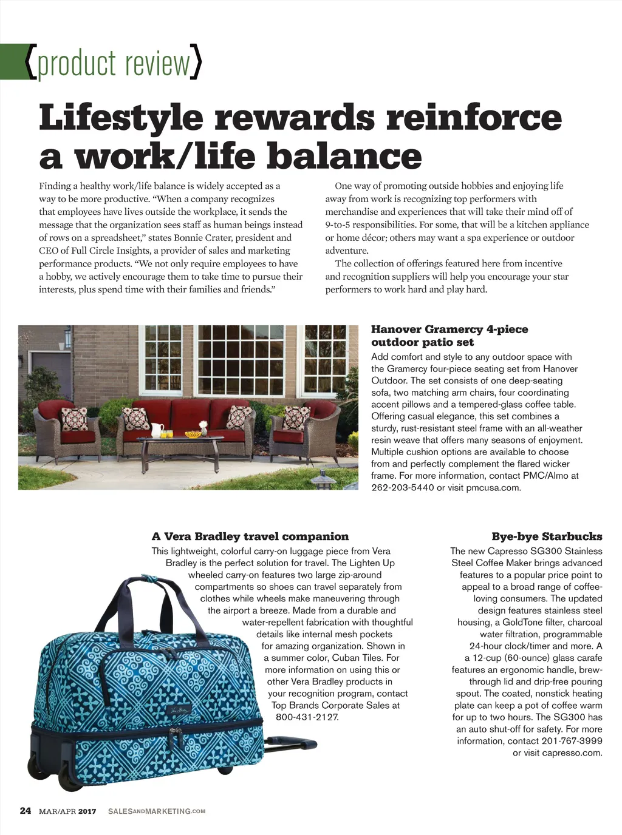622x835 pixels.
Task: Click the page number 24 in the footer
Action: [26, 810]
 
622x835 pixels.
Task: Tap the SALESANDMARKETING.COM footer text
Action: [157, 811]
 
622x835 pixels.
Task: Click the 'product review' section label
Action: [114, 63]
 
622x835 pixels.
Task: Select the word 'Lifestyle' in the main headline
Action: [121, 117]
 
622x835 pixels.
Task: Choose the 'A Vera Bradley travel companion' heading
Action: [250, 536]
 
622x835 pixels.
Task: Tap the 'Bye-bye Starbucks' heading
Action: [547, 536]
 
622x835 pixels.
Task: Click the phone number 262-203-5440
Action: [403, 487]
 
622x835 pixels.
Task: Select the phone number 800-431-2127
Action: [307, 717]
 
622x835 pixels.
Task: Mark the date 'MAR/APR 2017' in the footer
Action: [67, 811]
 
